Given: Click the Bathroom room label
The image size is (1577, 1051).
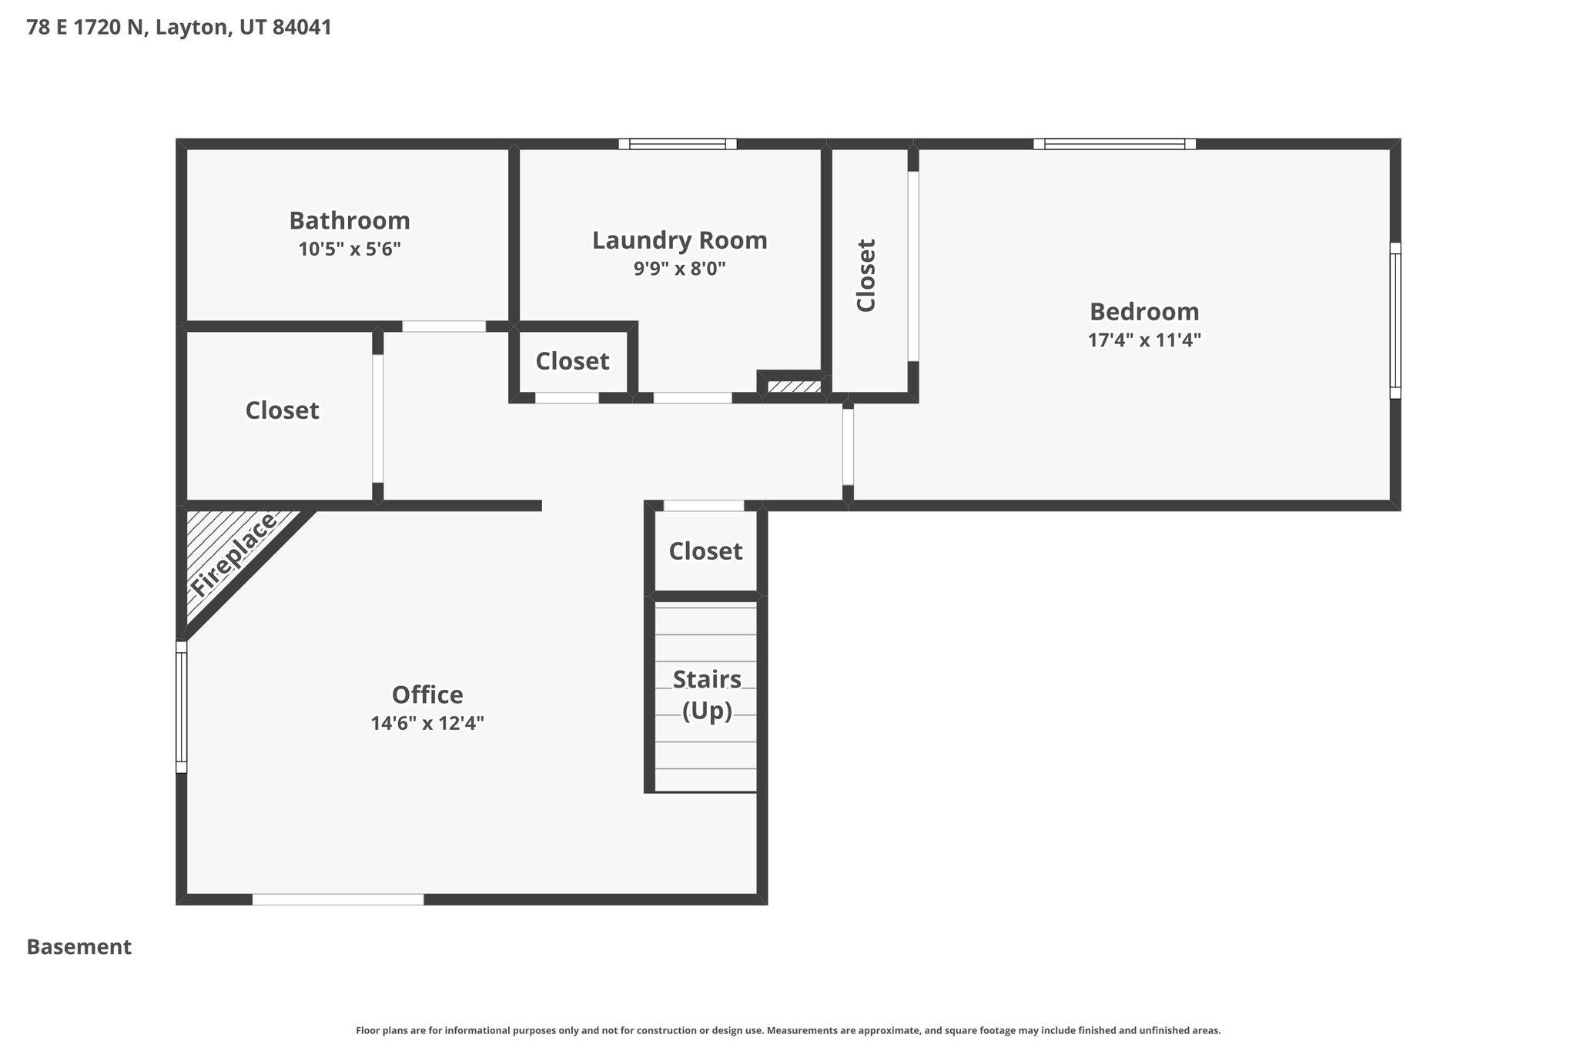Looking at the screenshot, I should tap(349, 221).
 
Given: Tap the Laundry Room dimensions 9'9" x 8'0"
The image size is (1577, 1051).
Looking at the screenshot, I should tap(679, 269).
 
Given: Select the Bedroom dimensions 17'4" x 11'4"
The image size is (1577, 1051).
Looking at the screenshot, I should tap(1144, 340).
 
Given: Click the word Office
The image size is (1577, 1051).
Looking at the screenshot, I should tap(427, 695).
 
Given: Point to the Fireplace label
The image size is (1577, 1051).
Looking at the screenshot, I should tap(233, 554).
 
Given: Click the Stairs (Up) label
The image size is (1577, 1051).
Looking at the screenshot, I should tap(707, 695).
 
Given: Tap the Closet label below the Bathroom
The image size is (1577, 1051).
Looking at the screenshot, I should tap(282, 410).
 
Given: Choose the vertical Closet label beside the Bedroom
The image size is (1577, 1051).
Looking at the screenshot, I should tap(866, 276).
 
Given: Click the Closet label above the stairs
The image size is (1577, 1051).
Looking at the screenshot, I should tap(705, 551).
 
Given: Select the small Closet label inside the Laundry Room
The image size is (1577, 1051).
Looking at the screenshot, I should tap(572, 361).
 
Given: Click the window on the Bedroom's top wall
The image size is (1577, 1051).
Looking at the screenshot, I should tap(1114, 144).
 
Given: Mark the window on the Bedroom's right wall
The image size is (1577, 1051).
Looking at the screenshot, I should tap(1395, 320).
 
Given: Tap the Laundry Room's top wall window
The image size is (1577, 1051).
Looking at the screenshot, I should tap(678, 144).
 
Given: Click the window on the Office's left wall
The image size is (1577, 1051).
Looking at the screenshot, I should tap(182, 707).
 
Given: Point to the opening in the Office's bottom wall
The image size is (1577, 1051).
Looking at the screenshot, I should tap(338, 899).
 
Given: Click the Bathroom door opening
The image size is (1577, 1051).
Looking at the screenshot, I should tap(444, 326).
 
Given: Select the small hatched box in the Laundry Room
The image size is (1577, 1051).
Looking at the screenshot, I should tap(794, 387).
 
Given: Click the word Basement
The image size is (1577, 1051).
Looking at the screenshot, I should tap(79, 947).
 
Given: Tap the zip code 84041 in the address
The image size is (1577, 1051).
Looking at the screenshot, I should tap(302, 28).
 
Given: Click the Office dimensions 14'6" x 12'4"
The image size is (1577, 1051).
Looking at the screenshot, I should tap(427, 724).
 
